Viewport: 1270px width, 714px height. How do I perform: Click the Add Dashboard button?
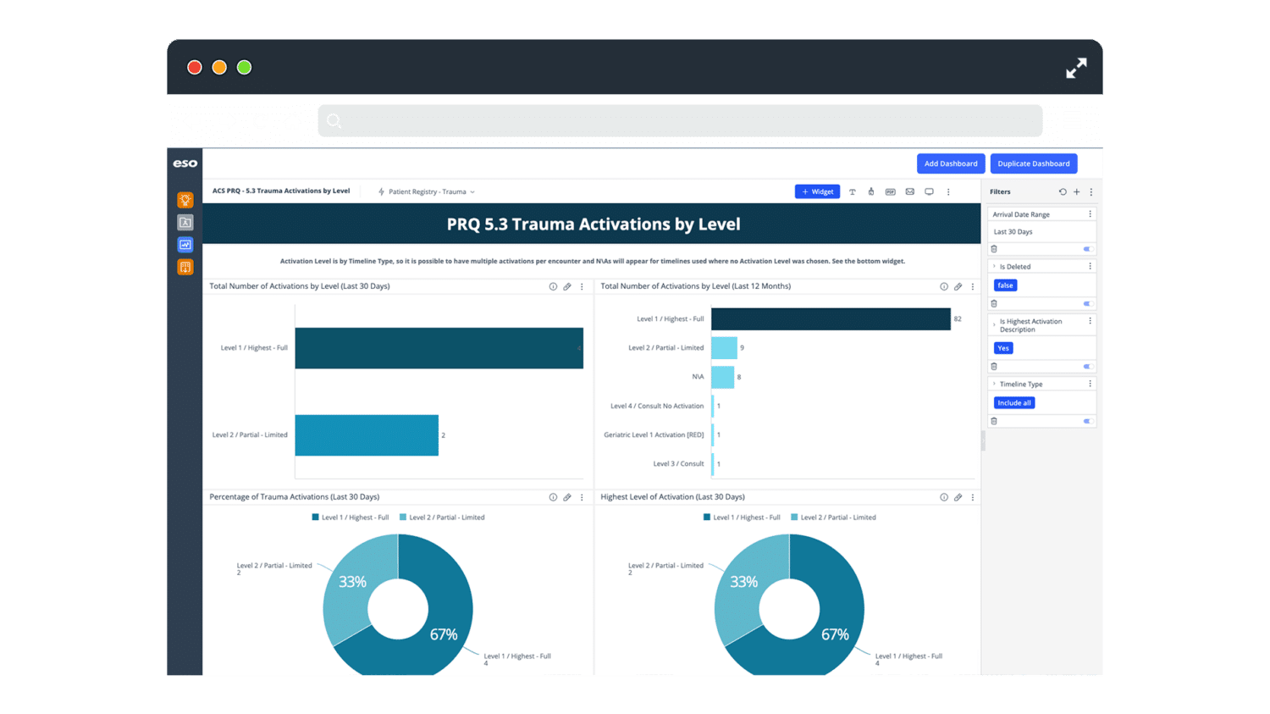[950, 163]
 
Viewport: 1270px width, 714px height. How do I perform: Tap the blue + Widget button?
[817, 191]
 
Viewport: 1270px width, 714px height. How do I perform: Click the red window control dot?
[195, 68]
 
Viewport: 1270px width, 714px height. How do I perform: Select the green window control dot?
[244, 68]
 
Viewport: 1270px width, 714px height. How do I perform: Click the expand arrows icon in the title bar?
[1076, 69]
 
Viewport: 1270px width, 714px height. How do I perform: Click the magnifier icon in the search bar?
[334, 121]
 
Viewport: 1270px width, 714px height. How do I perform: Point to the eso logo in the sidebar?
[185, 163]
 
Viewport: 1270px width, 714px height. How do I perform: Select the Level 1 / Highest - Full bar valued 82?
[831, 319]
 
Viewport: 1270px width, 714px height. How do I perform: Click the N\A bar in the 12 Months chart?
[722, 377]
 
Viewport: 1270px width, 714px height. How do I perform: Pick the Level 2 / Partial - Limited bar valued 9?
[724, 348]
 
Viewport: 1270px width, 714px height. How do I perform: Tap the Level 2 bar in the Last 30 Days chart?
[367, 435]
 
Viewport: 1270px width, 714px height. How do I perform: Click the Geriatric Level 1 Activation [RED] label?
[653, 435]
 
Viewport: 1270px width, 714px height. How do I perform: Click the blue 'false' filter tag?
[1005, 285]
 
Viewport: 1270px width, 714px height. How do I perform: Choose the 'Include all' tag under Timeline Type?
[1013, 403]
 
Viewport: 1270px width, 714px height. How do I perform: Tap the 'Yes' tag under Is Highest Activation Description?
[1002, 348]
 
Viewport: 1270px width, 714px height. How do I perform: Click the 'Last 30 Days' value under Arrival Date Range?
[1013, 232]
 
